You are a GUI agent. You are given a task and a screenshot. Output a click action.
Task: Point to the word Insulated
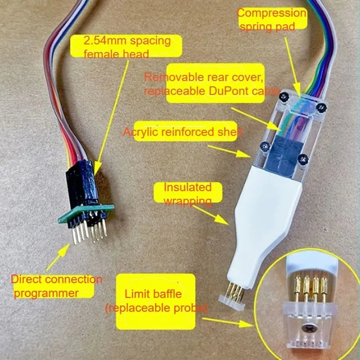(x=187, y=187)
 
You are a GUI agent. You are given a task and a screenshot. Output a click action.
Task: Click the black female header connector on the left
(x=81, y=182)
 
